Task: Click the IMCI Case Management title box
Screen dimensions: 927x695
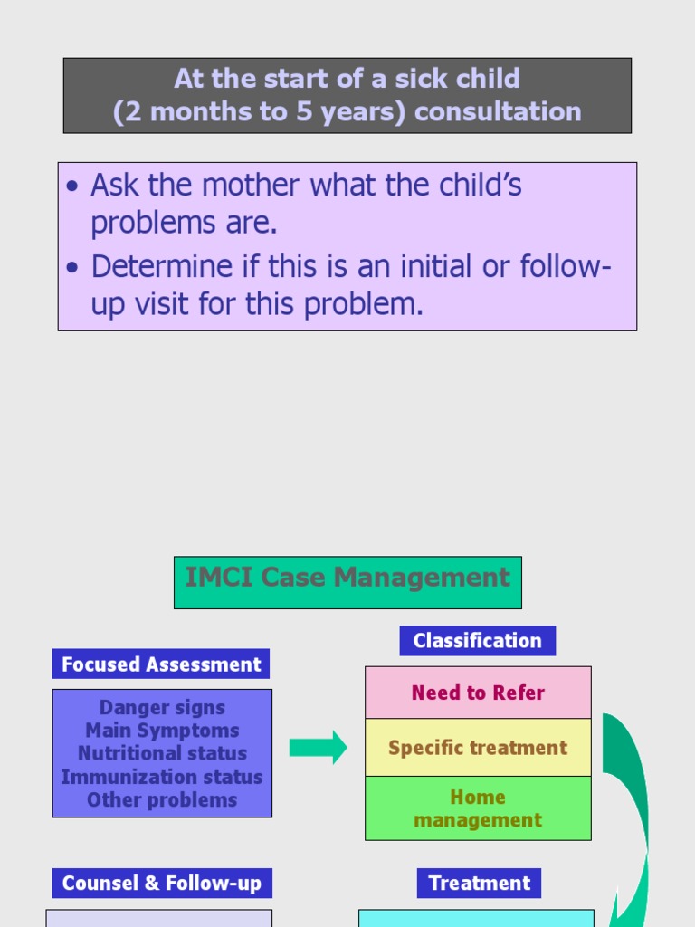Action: pyautogui.click(x=347, y=582)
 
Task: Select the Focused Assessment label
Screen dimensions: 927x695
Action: pyautogui.click(x=161, y=664)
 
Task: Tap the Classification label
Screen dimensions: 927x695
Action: pyautogui.click(x=477, y=641)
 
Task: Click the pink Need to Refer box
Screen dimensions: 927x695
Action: pyautogui.click(x=478, y=693)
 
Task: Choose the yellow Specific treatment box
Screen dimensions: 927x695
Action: pyautogui.click(x=478, y=748)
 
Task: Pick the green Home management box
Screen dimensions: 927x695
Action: pyautogui.click(x=478, y=808)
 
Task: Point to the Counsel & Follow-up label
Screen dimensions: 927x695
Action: pyautogui.click(x=162, y=883)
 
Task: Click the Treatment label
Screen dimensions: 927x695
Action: pyautogui.click(x=480, y=883)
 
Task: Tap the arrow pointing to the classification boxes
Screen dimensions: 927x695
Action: pyautogui.click(x=318, y=747)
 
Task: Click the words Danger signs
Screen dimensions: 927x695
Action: pyautogui.click(x=162, y=708)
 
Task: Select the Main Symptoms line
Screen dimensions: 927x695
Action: pyautogui.click(x=162, y=731)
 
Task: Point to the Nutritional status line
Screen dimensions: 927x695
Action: pyautogui.click(x=162, y=753)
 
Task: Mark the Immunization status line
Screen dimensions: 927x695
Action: pyautogui.click(x=162, y=777)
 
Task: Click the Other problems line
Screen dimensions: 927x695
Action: pyautogui.click(x=162, y=799)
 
